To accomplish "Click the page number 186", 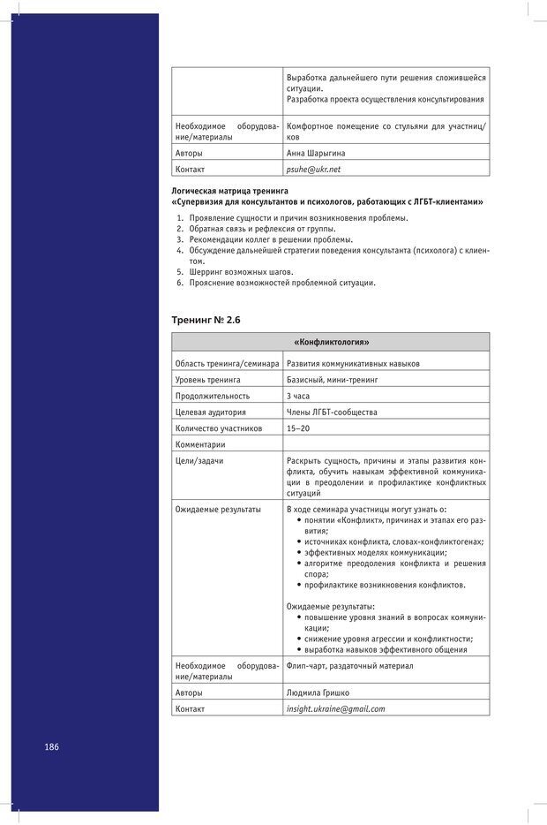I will pyautogui.click(x=51, y=746).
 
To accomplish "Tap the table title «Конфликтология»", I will pyautogui.click(x=330, y=342).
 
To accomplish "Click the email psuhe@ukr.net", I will pyautogui.click(x=313, y=169).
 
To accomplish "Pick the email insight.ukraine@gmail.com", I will pyautogui.click(x=335, y=708).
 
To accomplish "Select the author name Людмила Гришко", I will pyautogui.click(x=318, y=693).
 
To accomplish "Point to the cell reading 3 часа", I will pyautogui.click(x=298, y=396).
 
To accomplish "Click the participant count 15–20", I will pyautogui.click(x=298, y=428).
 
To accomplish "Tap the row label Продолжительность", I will pyautogui.click(x=213, y=396).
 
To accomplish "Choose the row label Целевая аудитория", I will pyautogui.click(x=211, y=412).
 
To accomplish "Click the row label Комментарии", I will pyautogui.click(x=200, y=444).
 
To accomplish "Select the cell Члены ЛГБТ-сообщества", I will pyautogui.click(x=331, y=412).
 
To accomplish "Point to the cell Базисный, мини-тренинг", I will pyautogui.click(x=332, y=380).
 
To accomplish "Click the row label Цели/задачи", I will pyautogui.click(x=199, y=460).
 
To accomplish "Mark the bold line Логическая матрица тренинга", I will pyautogui.click(x=229, y=191).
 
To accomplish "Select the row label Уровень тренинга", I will pyautogui.click(x=207, y=380).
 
